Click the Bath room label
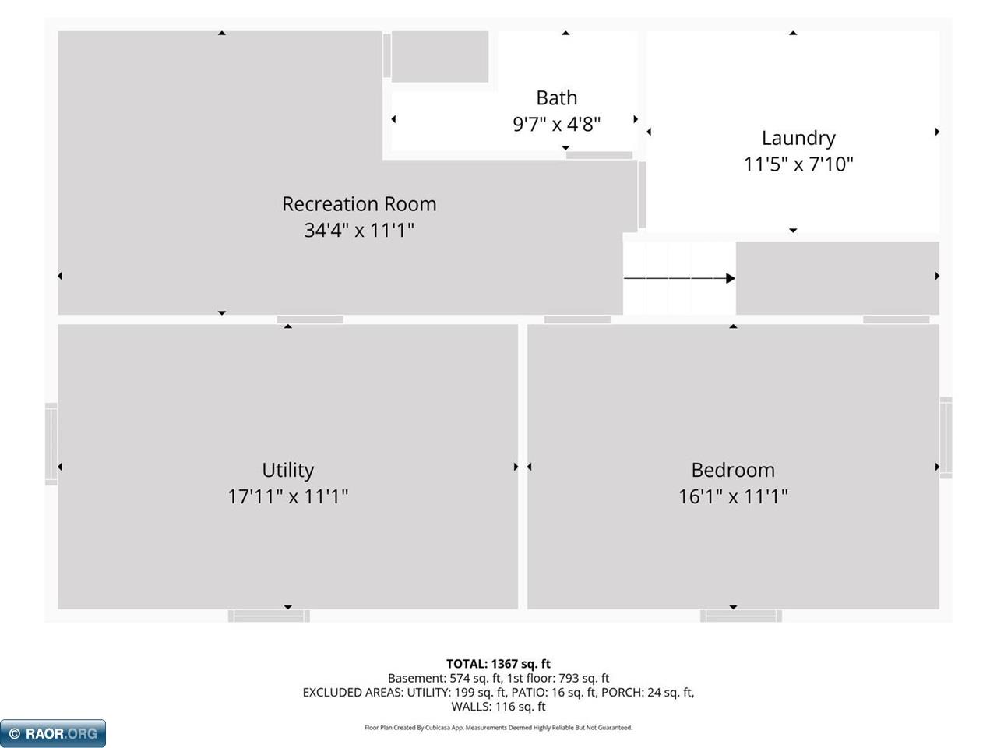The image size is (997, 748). (x=556, y=97)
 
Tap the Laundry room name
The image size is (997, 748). (x=798, y=139)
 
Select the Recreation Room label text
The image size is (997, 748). (x=359, y=204)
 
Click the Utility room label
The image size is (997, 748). (x=287, y=470)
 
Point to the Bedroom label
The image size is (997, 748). (x=733, y=470)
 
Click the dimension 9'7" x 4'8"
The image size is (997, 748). (x=556, y=124)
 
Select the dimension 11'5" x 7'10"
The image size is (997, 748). (x=798, y=164)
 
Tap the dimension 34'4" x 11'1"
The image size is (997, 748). (x=359, y=231)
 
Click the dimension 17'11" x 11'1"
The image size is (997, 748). (x=287, y=496)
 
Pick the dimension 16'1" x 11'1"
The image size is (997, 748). (x=733, y=496)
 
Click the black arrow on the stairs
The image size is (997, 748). (x=679, y=278)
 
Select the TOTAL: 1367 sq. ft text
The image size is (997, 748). (x=498, y=664)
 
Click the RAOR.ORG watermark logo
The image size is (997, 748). (x=53, y=733)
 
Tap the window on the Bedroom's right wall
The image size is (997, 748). (x=946, y=437)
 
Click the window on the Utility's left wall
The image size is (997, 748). (x=51, y=443)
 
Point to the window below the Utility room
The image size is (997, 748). (x=269, y=616)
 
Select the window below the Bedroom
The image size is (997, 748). (x=741, y=616)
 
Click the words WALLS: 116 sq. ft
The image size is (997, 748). (x=498, y=707)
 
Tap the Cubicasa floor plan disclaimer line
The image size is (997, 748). (x=498, y=728)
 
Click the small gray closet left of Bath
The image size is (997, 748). (x=439, y=57)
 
